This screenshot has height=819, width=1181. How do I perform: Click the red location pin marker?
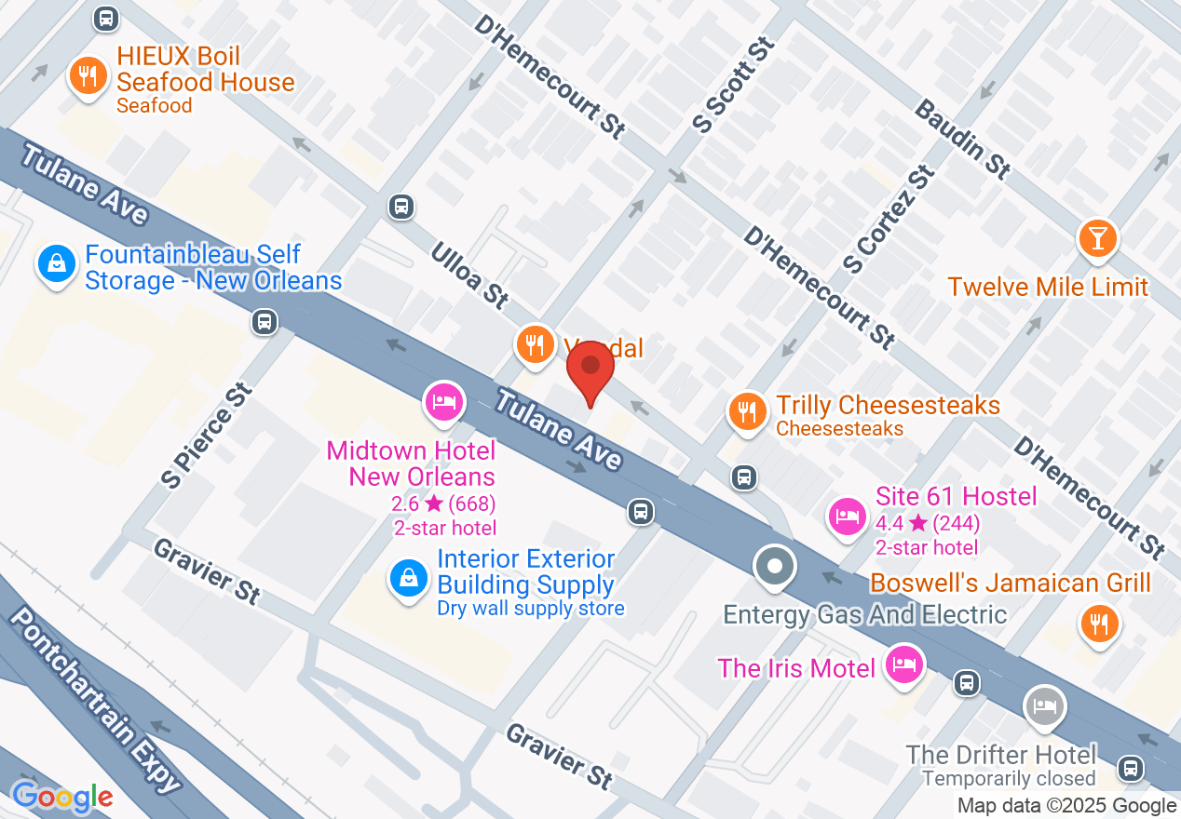(x=590, y=369)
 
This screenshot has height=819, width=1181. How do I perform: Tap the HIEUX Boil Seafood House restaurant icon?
(x=88, y=76)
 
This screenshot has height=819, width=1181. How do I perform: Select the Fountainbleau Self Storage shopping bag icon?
(x=57, y=264)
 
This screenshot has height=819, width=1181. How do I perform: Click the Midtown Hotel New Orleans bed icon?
(x=444, y=402)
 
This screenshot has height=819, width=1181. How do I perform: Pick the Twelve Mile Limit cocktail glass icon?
(x=1097, y=238)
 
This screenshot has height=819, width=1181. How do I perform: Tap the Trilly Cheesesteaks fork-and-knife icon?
(x=746, y=410)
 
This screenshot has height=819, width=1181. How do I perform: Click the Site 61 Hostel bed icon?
(x=847, y=515)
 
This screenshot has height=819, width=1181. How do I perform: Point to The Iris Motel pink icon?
(x=903, y=665)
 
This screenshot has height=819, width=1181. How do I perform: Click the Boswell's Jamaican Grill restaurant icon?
(x=1099, y=623)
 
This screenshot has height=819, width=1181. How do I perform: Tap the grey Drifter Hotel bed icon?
(x=1044, y=706)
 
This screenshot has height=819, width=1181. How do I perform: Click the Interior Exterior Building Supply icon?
(x=408, y=580)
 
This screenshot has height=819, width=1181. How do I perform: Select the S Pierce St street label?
(x=206, y=436)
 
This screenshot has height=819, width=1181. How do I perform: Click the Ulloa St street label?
(x=468, y=275)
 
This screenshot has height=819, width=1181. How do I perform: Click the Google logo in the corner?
(x=62, y=798)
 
